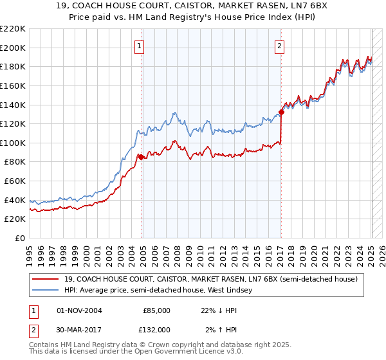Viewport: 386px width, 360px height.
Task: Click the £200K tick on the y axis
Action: pyautogui.click(x=14, y=48)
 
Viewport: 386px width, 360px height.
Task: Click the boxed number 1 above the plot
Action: pyautogui.click(x=140, y=45)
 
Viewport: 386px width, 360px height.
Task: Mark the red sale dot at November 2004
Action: pyautogui.click(x=141, y=156)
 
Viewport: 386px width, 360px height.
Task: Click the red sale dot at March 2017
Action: pyautogui.click(x=281, y=112)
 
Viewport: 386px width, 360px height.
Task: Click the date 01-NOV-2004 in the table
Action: pyautogui.click(x=79, y=310)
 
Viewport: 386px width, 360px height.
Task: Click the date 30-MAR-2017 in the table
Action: pyautogui.click(x=79, y=329)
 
